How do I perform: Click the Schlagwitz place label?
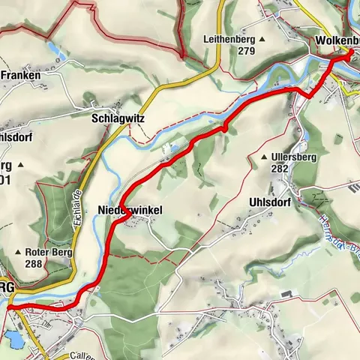[x=117, y=118]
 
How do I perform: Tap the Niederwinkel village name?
[x=130, y=211]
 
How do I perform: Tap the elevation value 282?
[x=280, y=169]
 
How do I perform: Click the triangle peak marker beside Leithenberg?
[x=262, y=39]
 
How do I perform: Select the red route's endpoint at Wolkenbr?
[x=350, y=51]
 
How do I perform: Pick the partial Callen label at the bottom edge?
[x=82, y=355]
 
